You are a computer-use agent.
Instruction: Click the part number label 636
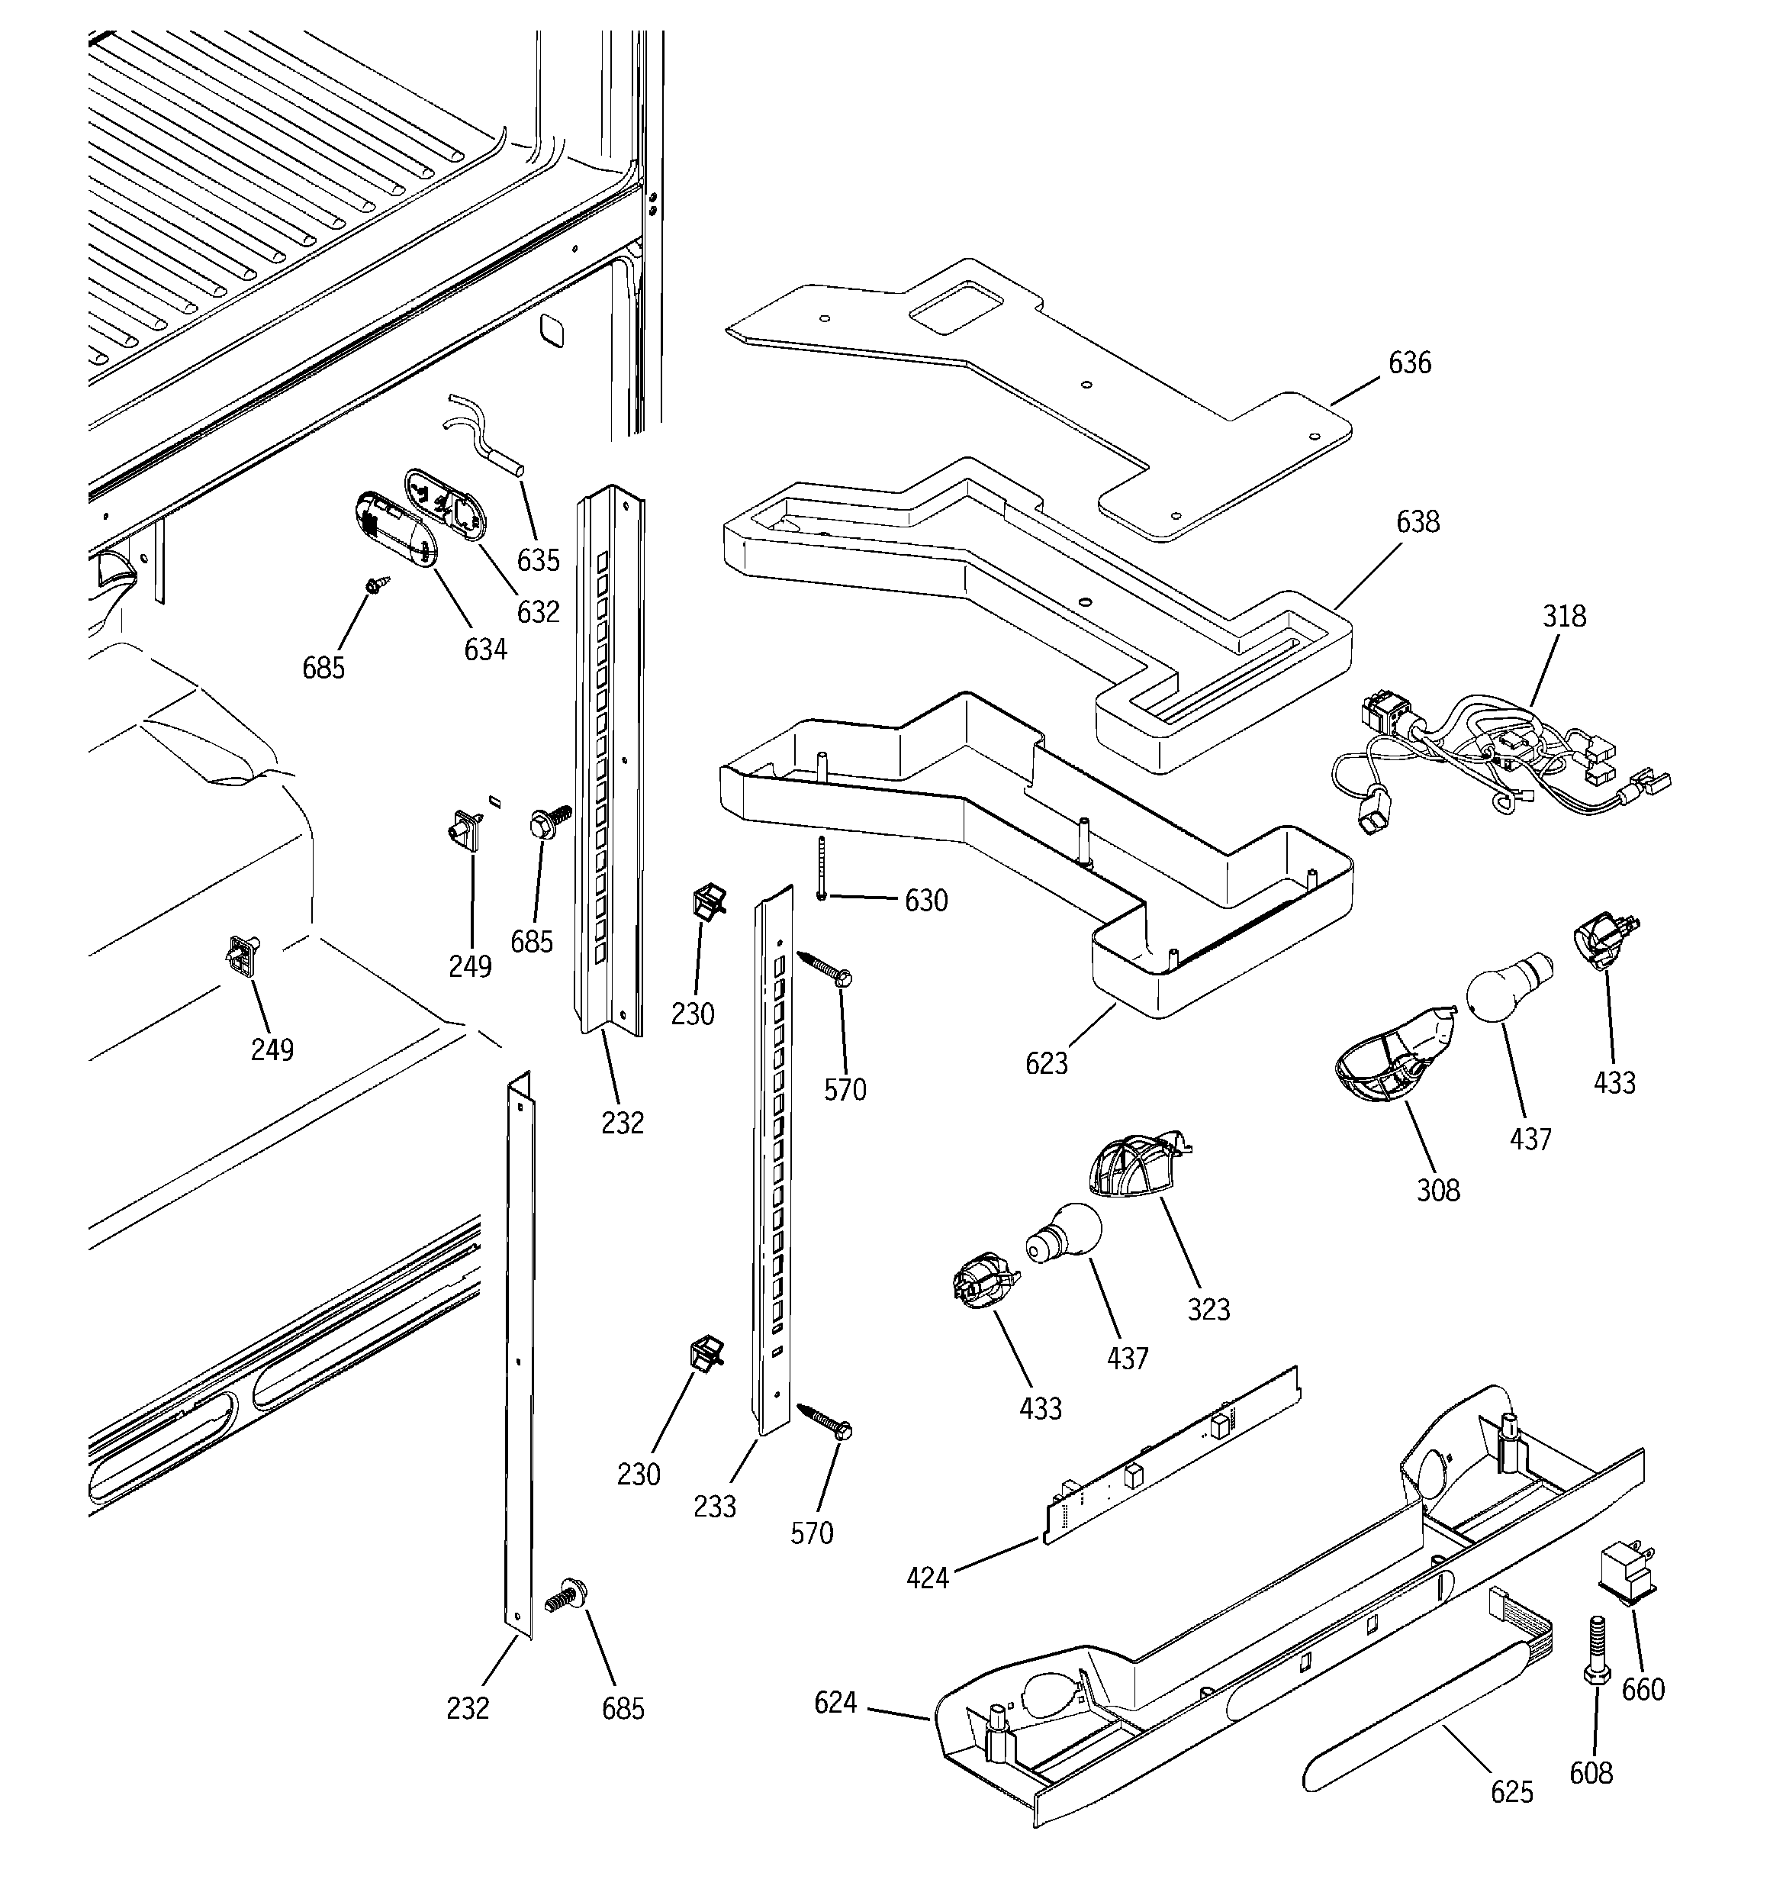(1409, 363)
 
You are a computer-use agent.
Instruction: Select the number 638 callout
(1418, 521)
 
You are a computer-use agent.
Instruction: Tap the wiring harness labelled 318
(1501, 760)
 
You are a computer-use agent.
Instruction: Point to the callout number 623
(1046, 1063)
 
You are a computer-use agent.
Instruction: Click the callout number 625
(1511, 1791)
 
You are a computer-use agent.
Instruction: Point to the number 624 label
(835, 1703)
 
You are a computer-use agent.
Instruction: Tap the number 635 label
(538, 561)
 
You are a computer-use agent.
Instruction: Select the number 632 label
(538, 612)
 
